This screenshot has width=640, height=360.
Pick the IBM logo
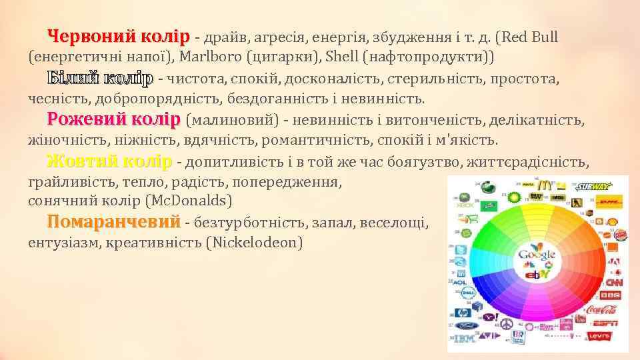(463, 339)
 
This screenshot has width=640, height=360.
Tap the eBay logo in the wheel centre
(537, 274)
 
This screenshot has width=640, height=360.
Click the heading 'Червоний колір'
(119, 35)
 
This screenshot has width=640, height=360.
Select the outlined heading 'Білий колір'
(100, 78)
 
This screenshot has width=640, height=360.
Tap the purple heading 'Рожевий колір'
(113, 120)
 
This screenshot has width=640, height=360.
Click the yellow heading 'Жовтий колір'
(109, 162)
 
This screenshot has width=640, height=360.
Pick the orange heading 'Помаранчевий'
(113, 221)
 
